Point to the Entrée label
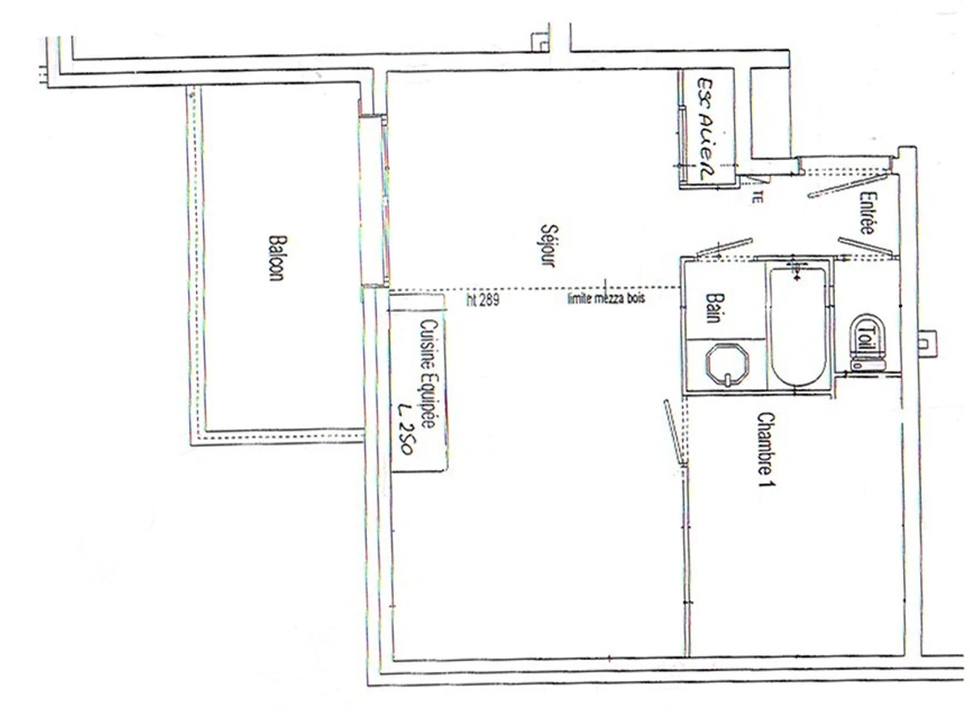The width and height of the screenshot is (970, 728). tap(867, 213)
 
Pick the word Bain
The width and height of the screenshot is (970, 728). tap(713, 308)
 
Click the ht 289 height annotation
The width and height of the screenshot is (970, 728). tap(483, 300)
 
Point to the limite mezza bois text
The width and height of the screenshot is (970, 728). tap(606, 297)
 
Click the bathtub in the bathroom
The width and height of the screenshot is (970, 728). tap(798, 328)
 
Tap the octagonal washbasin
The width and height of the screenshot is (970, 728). tap(727, 365)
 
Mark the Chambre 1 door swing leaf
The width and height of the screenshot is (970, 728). tap(674, 432)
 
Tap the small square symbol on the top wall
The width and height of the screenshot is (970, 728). tap(538, 40)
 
